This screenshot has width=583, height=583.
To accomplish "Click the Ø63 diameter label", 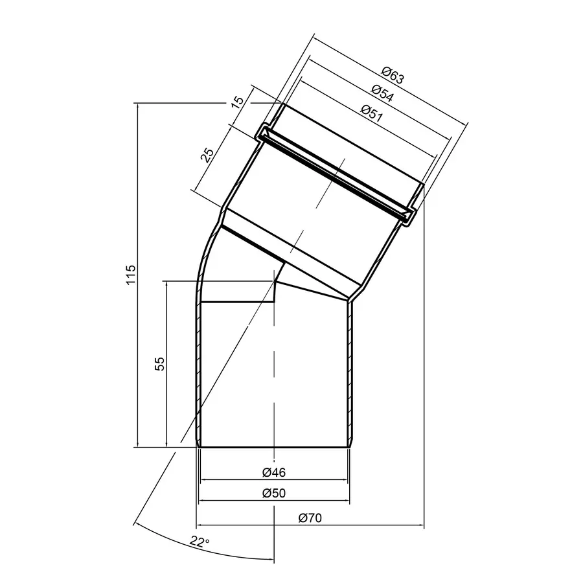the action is (393, 74).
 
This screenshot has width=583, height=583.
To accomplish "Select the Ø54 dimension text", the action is (382, 93).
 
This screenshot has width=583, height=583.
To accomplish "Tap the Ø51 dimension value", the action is (372, 113).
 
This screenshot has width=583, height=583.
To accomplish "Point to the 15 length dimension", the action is (237, 102).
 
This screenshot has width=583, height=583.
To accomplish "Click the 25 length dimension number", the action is (207, 155).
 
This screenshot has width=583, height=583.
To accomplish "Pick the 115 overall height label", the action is (131, 275).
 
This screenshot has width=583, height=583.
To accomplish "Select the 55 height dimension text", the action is (159, 363).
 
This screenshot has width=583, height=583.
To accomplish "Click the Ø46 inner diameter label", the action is (274, 472).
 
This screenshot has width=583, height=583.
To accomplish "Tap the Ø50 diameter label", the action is (274, 493).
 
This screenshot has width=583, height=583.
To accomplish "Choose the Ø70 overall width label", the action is (310, 518).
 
